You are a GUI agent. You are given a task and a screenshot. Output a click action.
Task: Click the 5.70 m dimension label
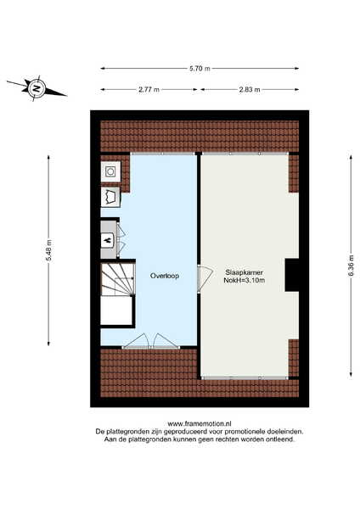[200, 69]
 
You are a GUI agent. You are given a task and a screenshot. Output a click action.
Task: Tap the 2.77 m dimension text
[149, 90]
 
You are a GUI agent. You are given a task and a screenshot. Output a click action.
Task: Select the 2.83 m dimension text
[250, 90]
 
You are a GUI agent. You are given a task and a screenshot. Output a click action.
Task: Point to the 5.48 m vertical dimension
[48, 250]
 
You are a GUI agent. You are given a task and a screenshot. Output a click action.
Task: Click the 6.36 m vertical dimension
[351, 266]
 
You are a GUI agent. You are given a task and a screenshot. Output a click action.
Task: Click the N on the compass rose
[37, 88]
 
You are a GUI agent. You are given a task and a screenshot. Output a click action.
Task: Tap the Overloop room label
[165, 276]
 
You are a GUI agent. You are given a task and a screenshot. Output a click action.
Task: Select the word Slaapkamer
[245, 272]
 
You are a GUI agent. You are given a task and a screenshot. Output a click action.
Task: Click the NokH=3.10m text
[245, 281]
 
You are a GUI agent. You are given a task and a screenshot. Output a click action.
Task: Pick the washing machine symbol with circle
[110, 171]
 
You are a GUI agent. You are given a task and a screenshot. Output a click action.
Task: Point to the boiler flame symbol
[108, 240]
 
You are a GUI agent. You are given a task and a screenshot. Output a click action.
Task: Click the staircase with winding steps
[117, 279]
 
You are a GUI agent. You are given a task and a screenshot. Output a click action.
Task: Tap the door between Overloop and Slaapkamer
[205, 279]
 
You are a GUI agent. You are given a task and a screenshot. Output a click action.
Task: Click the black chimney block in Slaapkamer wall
[292, 275]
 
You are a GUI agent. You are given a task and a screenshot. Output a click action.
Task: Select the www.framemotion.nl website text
[200, 423]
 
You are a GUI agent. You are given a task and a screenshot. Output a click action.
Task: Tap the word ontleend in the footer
[283, 439]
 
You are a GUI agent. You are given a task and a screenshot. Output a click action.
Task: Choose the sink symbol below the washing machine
[110, 197]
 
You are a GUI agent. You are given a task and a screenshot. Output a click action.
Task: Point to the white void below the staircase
[116, 310]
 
